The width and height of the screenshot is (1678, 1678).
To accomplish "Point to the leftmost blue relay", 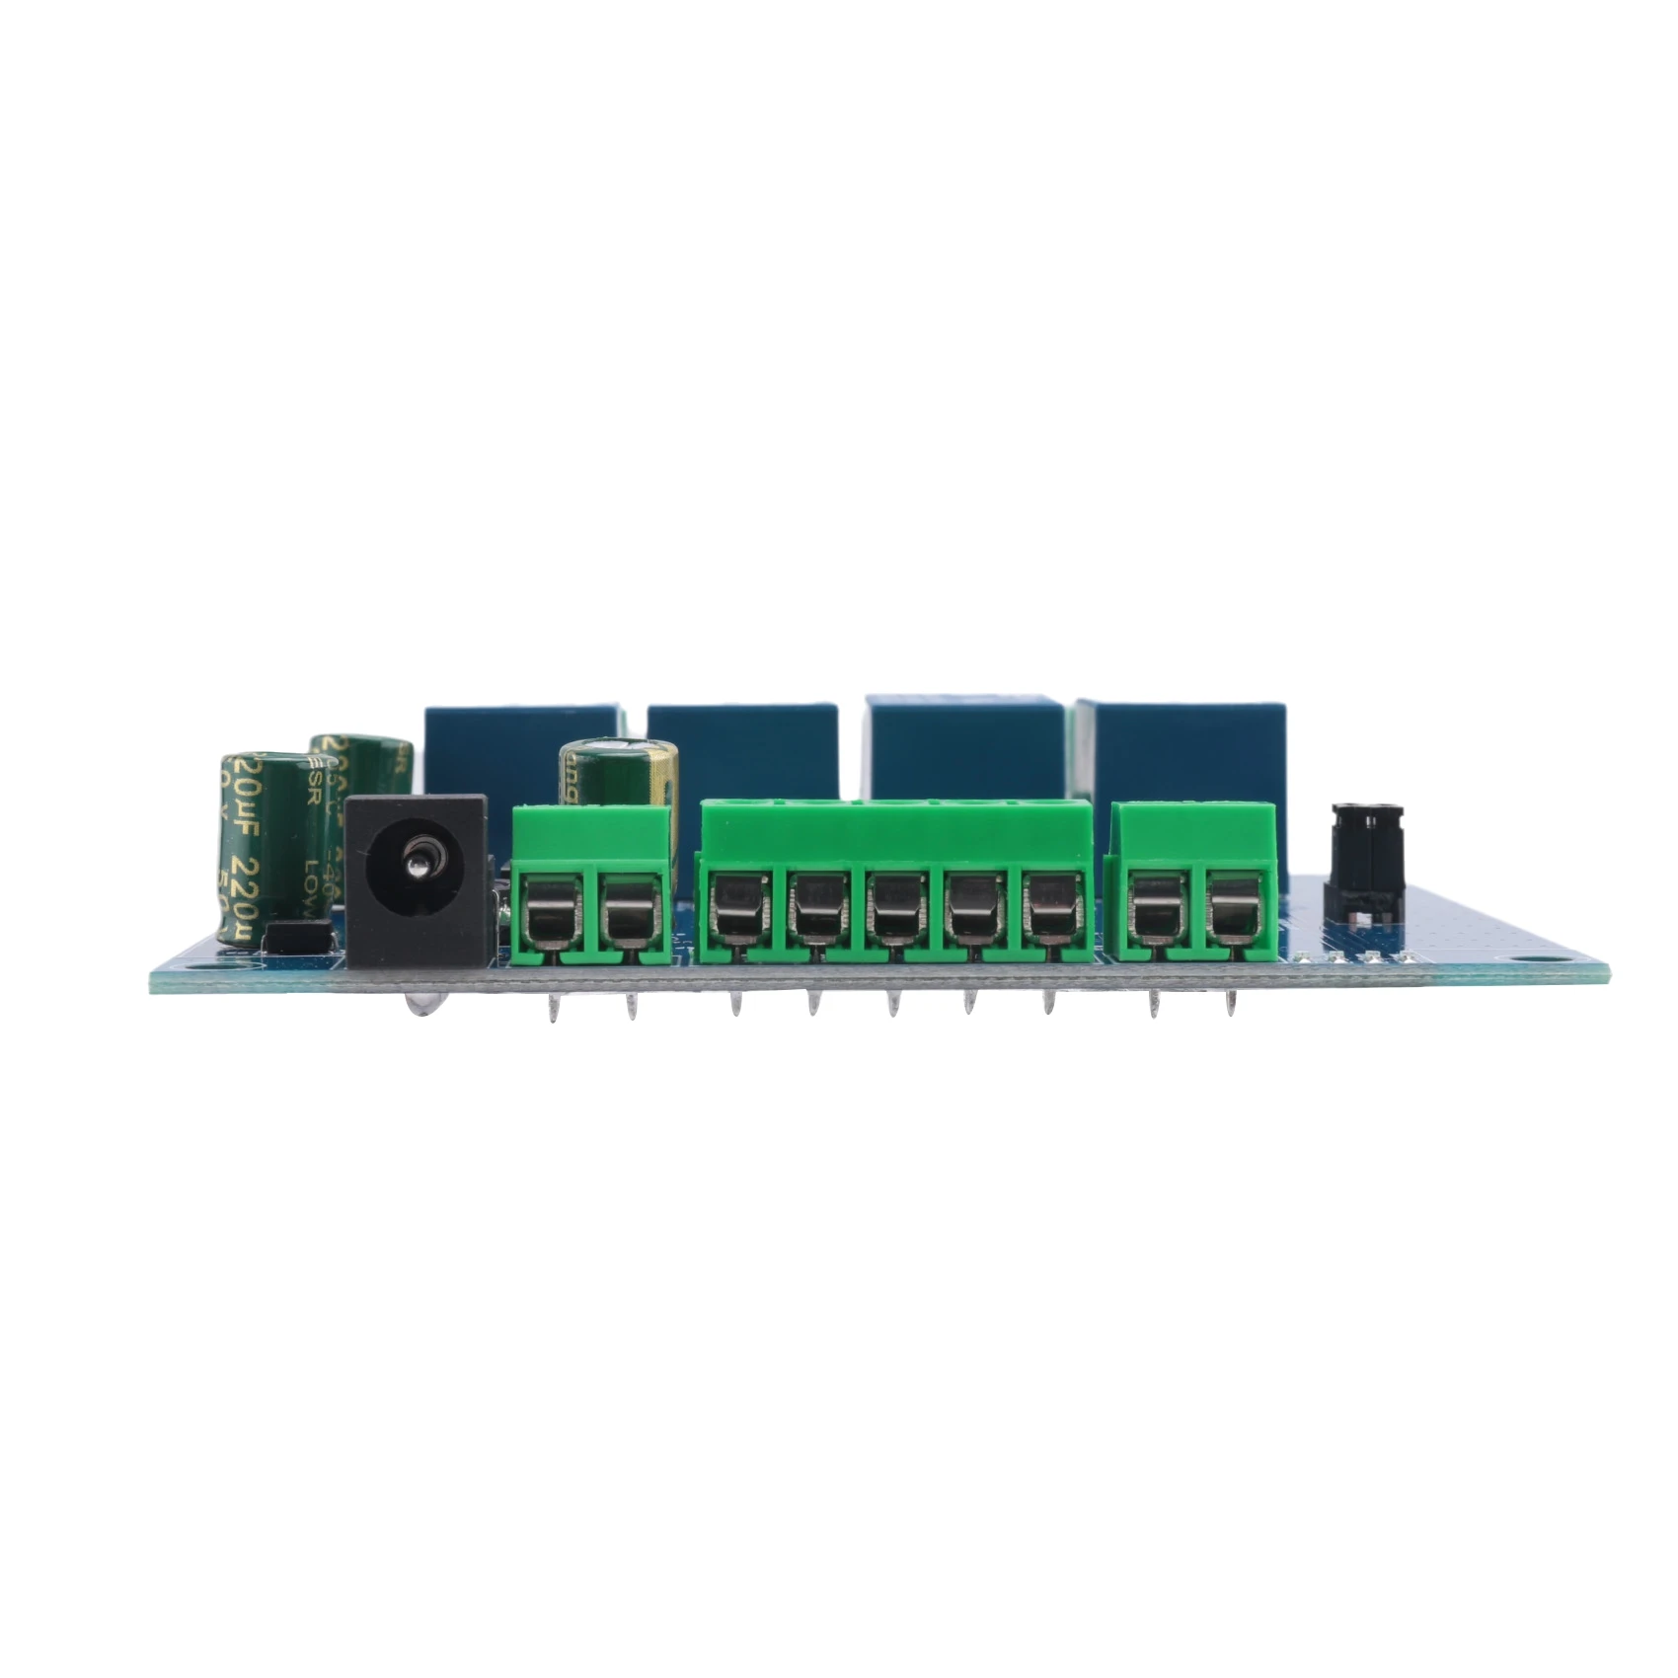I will pos(520,750).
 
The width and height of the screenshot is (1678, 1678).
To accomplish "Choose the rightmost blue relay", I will pos(1181,750).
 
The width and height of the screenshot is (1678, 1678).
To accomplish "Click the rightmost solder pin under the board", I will pos(1231,1005).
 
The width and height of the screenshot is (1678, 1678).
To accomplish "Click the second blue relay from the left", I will pos(741,750).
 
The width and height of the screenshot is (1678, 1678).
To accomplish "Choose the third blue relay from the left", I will pos(963,750).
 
